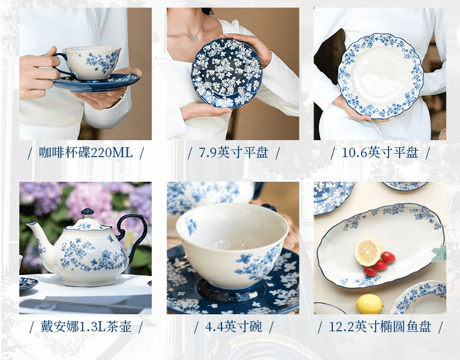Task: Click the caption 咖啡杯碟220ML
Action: [x=86, y=153]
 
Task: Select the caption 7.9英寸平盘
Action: [x=233, y=153]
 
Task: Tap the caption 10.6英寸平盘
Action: [x=380, y=153]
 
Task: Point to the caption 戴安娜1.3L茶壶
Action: [x=86, y=327]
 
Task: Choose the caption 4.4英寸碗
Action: [x=233, y=327]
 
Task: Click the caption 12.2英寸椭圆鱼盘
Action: [x=380, y=327]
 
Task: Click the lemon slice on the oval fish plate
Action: [x=368, y=251]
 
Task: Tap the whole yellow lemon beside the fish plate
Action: [x=369, y=304]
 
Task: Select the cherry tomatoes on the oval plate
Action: [x=380, y=264]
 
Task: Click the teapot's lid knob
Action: [x=87, y=212]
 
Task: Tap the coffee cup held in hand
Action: [x=91, y=62]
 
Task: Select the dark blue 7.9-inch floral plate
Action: [x=229, y=73]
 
